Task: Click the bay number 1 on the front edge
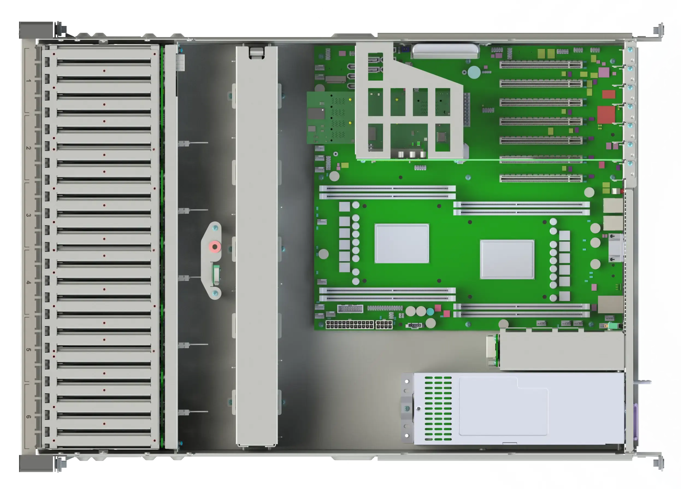(28, 81)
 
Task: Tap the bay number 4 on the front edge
(28, 282)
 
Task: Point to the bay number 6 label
(28, 417)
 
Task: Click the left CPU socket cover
(402, 243)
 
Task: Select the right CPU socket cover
(507, 259)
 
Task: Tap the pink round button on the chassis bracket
(215, 247)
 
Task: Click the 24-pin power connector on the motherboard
(350, 325)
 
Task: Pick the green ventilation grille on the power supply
(438, 408)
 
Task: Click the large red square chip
(606, 115)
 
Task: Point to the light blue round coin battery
(474, 72)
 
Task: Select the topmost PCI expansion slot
(541, 65)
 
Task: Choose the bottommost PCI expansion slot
(541, 178)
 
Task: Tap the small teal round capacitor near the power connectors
(430, 312)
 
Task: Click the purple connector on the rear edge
(635, 421)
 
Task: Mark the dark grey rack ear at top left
(36, 30)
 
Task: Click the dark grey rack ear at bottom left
(36, 464)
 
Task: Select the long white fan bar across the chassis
(257, 246)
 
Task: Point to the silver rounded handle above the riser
(446, 51)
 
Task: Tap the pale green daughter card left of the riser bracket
(331, 118)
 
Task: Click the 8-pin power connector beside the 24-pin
(384, 325)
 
